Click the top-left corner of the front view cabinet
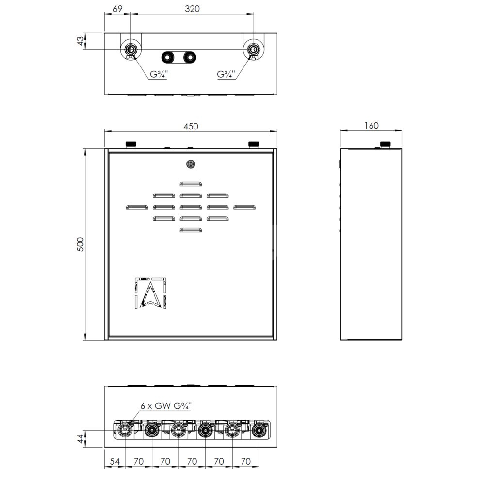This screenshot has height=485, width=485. point(105,149)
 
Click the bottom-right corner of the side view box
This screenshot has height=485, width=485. point(402,340)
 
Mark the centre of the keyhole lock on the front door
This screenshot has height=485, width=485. point(191,164)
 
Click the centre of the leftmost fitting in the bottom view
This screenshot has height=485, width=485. point(125,430)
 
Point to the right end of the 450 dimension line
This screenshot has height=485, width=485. point(277,131)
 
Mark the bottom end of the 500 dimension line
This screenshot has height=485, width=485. point(85,340)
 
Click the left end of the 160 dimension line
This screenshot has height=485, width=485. point(340,130)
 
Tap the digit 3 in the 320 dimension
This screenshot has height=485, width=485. point(187,9)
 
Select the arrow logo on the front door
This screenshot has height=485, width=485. point(151,293)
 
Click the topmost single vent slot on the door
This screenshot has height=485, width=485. point(191,184)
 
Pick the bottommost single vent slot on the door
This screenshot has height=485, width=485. point(191,230)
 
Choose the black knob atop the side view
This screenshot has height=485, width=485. point(385,144)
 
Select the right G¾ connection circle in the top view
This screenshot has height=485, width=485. point(254,49)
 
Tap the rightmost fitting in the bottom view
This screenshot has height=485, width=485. point(259,430)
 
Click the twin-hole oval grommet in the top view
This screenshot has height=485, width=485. point(179,57)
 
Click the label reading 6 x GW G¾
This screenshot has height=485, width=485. point(166,406)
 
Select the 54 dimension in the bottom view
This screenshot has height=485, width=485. point(115,461)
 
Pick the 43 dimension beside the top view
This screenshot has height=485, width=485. point(80,41)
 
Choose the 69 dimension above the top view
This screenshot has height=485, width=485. point(117,9)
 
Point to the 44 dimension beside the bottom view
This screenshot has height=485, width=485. point(81,438)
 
